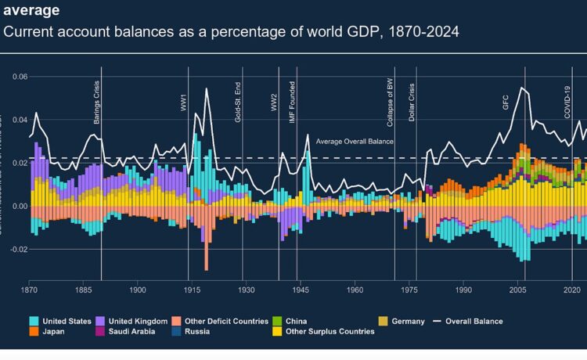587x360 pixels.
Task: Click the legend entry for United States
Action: [x=66, y=321]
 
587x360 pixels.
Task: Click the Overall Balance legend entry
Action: [x=473, y=321]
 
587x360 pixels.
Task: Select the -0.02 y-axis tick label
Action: [x=16, y=250]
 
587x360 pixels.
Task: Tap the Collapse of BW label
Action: [x=390, y=102]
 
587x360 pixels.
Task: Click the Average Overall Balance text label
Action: [x=355, y=142]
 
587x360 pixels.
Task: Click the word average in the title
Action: [x=30, y=11]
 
